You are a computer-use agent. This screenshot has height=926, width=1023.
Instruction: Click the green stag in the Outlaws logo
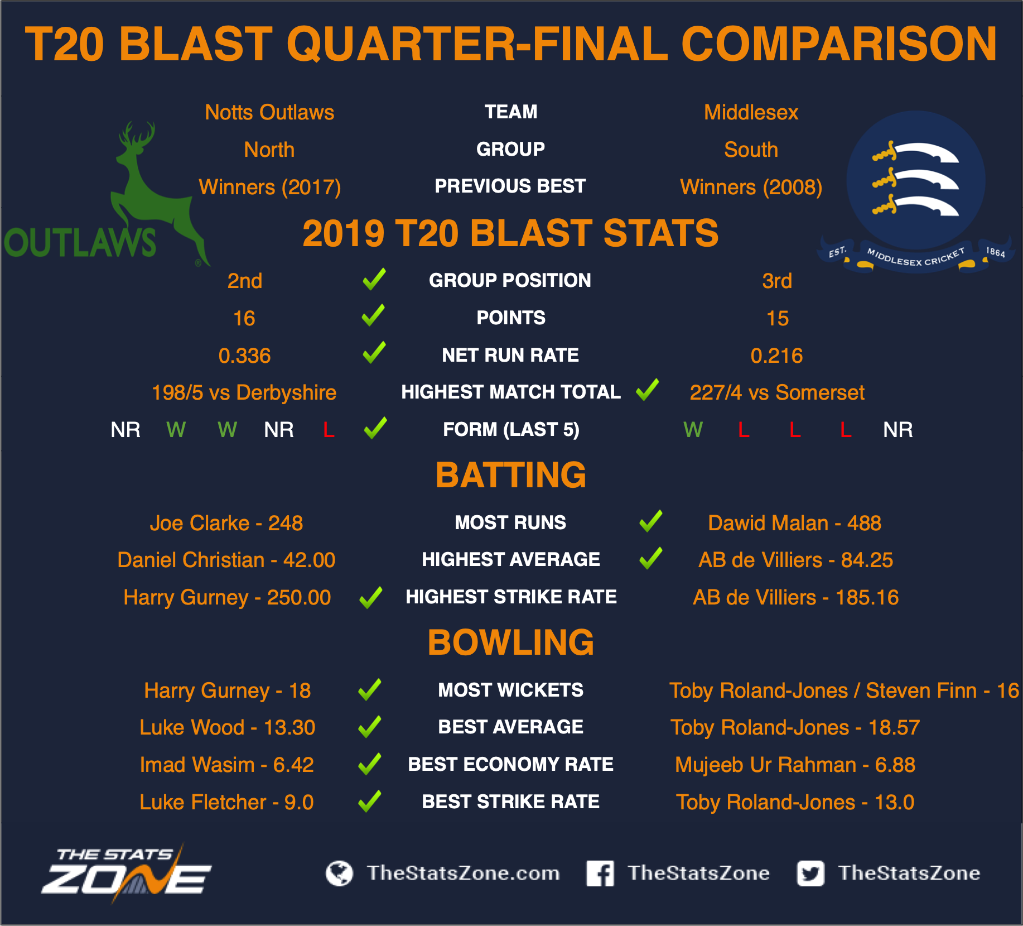click(x=153, y=190)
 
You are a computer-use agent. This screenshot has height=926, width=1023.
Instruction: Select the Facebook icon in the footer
click(x=600, y=873)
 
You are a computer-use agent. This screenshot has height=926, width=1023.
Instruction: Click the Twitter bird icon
click(x=810, y=873)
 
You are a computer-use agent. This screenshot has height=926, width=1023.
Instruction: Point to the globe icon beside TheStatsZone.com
click(x=339, y=873)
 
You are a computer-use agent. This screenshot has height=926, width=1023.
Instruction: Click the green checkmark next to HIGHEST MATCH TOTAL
click(x=648, y=390)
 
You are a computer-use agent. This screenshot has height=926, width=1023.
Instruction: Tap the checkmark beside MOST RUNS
click(x=651, y=521)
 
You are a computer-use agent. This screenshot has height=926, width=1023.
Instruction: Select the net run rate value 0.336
click(x=244, y=356)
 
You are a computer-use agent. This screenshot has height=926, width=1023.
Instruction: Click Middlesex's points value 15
click(x=778, y=318)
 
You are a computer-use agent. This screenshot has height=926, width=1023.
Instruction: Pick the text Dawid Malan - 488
click(x=794, y=523)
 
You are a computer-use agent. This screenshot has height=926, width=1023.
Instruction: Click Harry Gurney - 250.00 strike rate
click(x=227, y=597)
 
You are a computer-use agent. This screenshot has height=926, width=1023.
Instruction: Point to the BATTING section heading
click(x=511, y=475)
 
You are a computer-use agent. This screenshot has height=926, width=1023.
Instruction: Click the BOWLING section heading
click(x=511, y=642)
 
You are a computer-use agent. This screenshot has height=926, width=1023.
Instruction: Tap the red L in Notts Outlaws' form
click(x=329, y=430)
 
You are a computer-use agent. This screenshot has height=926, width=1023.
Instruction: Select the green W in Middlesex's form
click(x=693, y=430)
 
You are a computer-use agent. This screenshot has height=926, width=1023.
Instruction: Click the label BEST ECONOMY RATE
click(x=511, y=764)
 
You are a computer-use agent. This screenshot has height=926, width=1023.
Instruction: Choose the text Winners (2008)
click(x=751, y=187)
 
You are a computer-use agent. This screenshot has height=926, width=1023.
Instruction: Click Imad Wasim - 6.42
click(x=227, y=765)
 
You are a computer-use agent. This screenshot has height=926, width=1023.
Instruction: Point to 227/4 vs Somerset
click(x=777, y=392)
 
